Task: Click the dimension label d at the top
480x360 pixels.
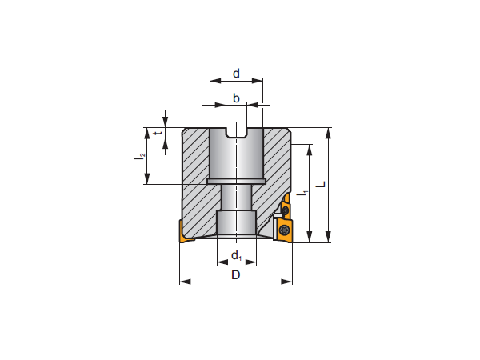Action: point(236,74)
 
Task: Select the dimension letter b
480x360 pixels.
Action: point(236,98)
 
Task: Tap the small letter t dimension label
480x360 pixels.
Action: point(158,133)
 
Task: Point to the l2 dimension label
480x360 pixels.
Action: point(140,156)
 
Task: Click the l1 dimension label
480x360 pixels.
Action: point(301,192)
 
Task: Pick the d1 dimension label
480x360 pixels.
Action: point(236,255)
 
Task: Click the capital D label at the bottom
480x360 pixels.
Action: point(236,274)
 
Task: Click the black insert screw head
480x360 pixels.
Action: point(285,230)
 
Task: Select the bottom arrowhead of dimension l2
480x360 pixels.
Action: point(146,181)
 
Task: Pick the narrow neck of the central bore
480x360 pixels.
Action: point(236,197)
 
